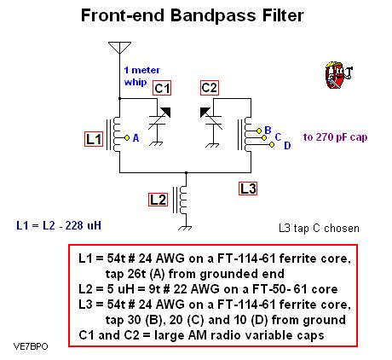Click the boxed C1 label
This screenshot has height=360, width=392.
click(163, 88)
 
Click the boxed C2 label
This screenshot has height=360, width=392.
click(210, 88)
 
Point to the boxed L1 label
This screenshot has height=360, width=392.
click(95, 137)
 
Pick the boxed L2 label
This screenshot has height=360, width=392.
click(158, 200)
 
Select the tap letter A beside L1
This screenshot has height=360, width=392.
click(135, 136)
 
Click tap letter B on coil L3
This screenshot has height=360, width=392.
click(267, 130)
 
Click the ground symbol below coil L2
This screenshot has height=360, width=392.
click(182, 226)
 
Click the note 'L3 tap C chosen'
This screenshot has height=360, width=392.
click(319, 228)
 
